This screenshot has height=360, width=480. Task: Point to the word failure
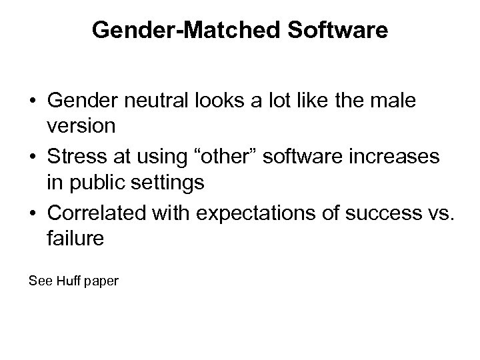click(x=75, y=239)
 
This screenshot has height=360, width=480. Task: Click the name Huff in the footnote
click(x=65, y=281)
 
